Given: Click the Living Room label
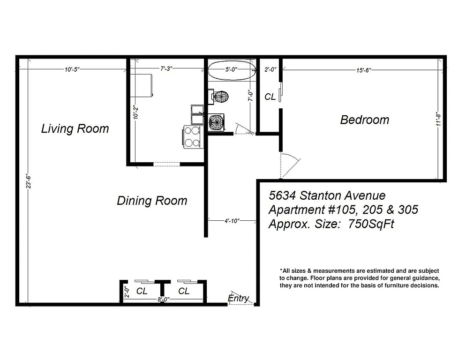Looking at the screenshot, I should coord(75,128).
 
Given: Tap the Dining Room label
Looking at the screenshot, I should coord(152,201).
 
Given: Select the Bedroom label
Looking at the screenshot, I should coord(364,120).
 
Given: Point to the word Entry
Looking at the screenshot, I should coord(238,298).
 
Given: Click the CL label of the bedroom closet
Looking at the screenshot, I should coord(270,97).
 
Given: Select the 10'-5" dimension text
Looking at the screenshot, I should coord(72,70).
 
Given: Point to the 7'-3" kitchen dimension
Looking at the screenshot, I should coord(166,69).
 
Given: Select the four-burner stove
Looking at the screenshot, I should coord(192,137).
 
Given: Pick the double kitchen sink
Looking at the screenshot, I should coord(197,111).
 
